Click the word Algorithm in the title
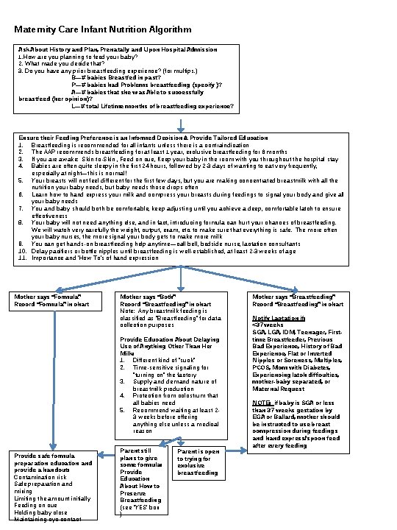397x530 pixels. [167, 30]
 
